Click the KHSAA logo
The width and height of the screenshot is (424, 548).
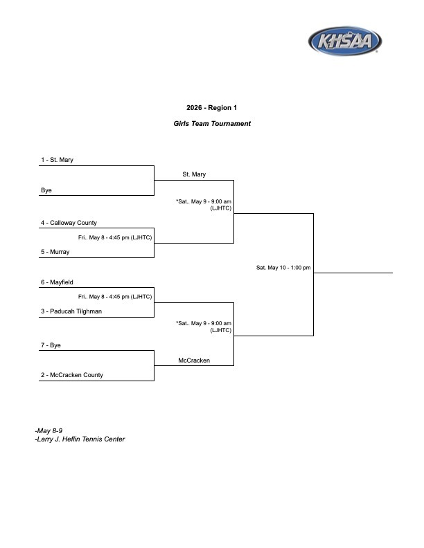345,41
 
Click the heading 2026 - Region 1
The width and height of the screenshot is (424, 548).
211,108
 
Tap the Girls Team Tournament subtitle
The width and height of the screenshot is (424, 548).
212,124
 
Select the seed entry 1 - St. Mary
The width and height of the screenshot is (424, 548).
57,160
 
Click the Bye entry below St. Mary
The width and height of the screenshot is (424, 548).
46,190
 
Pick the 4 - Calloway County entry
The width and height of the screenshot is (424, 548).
69,223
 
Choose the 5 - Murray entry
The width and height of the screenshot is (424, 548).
55,252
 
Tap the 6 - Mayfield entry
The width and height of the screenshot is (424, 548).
57,282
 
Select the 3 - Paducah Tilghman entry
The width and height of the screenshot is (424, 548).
71,311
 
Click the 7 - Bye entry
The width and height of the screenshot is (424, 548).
51,345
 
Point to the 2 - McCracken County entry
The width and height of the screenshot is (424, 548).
72,375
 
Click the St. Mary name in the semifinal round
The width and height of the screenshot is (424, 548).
194,174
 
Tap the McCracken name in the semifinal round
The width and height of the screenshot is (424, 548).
194,360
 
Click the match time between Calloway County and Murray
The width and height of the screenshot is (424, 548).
115,237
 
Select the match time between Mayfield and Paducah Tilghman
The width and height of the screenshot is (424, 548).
115,297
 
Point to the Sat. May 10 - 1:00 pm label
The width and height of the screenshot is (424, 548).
283,268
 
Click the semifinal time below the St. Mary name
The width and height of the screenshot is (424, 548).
204,205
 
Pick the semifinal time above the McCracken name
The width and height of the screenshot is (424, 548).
204,327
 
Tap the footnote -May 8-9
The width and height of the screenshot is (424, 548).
48,430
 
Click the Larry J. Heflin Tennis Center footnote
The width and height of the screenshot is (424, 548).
80,439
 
